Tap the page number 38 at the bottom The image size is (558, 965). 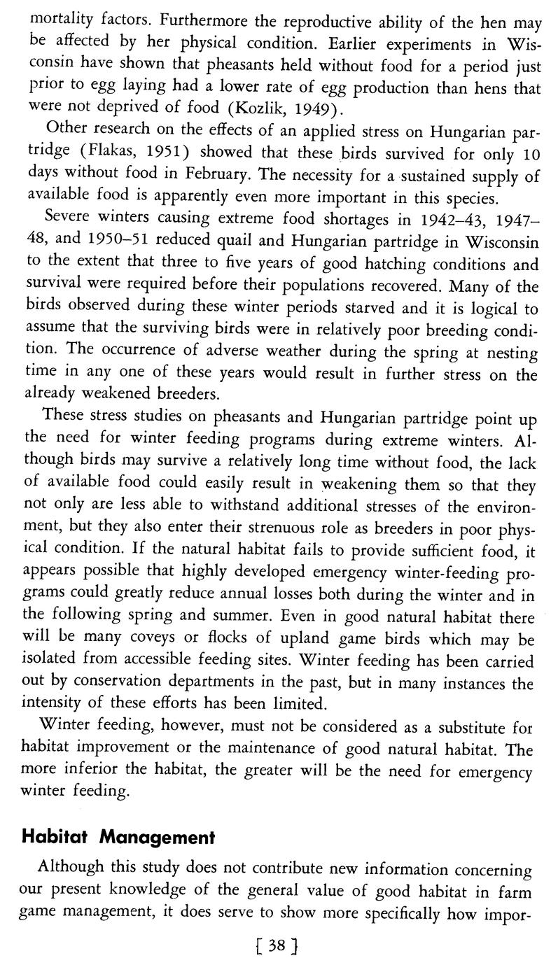[277, 946]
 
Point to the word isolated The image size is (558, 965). [51, 662]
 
